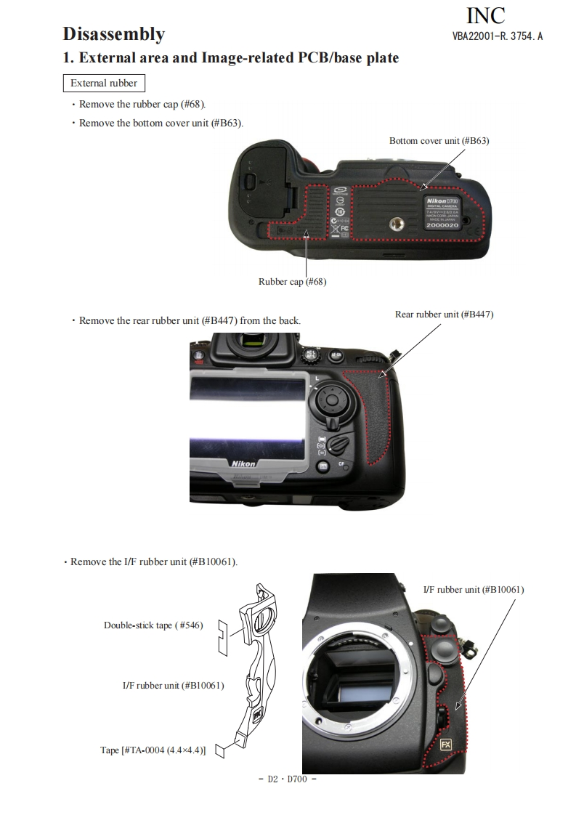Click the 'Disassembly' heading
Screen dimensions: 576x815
point(114,34)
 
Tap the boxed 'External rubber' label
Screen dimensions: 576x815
point(104,83)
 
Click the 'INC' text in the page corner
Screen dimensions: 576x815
point(485,15)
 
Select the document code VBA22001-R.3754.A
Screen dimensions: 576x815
point(498,36)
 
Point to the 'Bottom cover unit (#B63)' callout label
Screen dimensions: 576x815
point(439,141)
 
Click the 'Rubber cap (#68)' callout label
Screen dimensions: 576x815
point(293,282)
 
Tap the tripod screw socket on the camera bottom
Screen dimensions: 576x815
point(397,224)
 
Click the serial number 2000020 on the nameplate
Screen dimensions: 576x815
point(442,225)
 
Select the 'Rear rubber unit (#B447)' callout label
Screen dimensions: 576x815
point(445,315)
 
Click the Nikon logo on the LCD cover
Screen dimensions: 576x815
point(243,463)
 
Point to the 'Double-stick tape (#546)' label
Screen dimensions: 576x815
point(153,625)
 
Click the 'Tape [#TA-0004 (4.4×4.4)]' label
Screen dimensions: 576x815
point(153,750)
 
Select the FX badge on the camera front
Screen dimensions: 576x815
point(445,745)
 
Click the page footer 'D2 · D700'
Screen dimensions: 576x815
point(288,779)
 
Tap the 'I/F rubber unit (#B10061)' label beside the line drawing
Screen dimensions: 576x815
point(173,686)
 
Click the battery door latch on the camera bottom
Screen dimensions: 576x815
point(250,182)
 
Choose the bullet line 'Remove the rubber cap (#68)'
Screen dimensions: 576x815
point(139,105)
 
